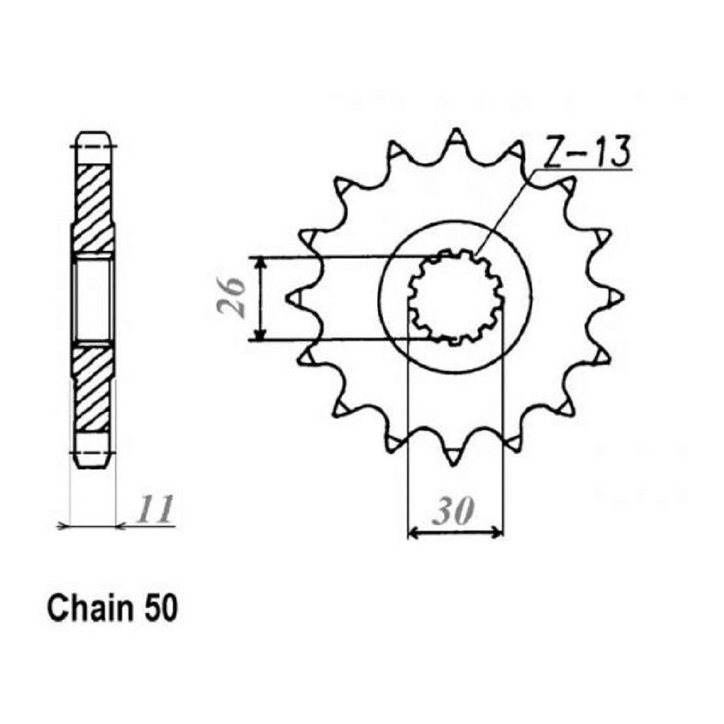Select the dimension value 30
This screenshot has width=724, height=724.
pos(454,512)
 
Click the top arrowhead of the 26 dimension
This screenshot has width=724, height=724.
pos(260,262)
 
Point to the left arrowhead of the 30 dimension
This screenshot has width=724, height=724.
pos(412,533)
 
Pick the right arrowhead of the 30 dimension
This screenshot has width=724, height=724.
pos(499,533)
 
